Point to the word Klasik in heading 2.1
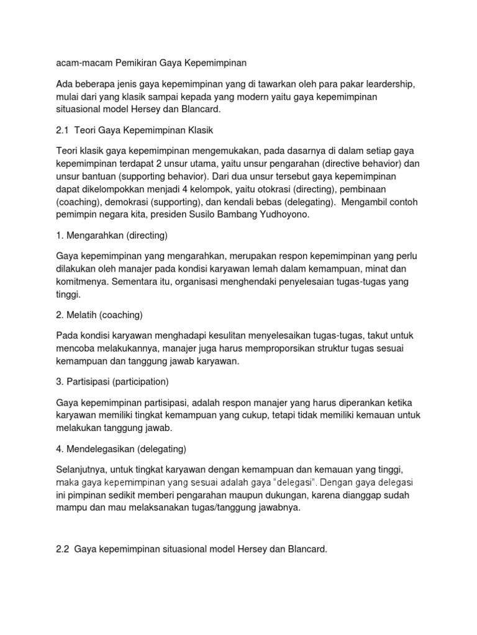point(199,131)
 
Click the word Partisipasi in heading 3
point(90,381)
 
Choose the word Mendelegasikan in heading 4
point(102,448)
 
